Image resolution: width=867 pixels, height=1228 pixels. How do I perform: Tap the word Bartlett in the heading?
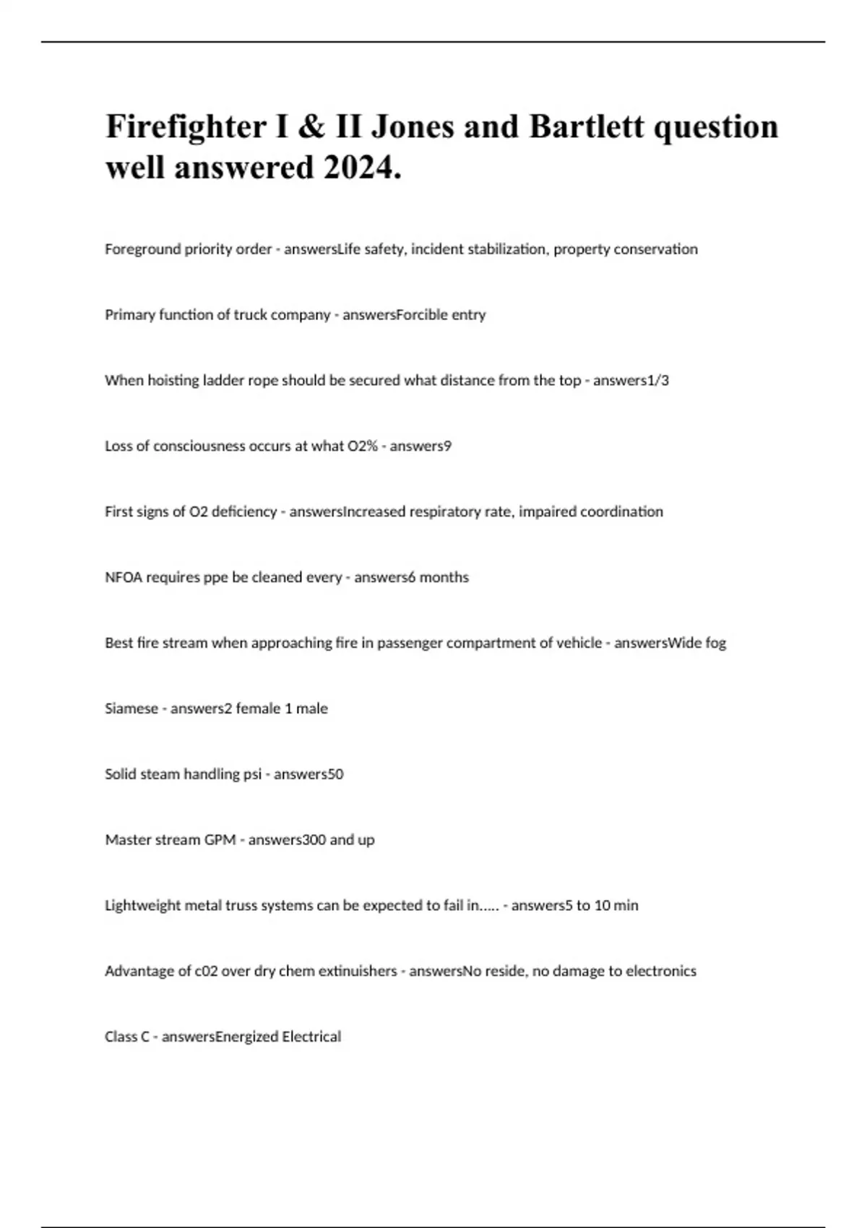pyautogui.click(x=586, y=126)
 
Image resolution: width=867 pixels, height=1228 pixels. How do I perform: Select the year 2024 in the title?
pyautogui.click(x=362, y=168)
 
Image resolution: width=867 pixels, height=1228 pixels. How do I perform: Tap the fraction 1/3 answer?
pyautogui.click(x=659, y=381)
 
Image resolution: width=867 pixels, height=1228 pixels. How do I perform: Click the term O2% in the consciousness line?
pyautogui.click(x=362, y=446)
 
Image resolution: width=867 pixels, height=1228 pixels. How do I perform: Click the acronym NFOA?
pyautogui.click(x=124, y=578)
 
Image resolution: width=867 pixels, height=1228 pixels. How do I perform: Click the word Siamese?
pyautogui.click(x=131, y=709)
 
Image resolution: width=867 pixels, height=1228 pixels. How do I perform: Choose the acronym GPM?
pyautogui.click(x=220, y=840)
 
